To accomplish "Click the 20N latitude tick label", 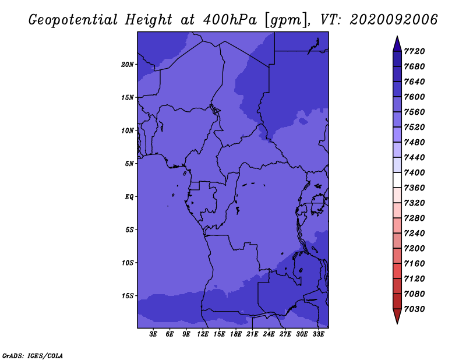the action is [128, 65].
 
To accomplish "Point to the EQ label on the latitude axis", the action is [129, 197].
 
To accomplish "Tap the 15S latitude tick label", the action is [128, 296].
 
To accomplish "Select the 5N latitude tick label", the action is [129, 164].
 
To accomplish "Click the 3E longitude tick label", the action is [153, 334].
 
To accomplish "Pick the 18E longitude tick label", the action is [236, 334].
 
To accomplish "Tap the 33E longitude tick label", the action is [318, 334].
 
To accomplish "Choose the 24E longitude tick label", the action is [269, 334].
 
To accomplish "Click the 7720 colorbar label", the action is [414, 51].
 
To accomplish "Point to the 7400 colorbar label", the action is [414, 172].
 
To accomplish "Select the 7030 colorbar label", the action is [414, 309].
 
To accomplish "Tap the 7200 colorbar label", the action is [414, 249].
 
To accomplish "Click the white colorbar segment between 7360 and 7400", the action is [397, 180].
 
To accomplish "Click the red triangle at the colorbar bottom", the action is [397, 315].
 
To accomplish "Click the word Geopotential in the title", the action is [73, 20].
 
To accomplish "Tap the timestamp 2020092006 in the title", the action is [394, 20].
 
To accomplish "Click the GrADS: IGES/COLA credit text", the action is [33, 356].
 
